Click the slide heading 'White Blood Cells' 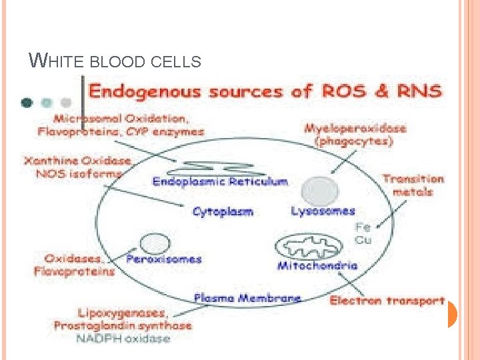pyautogui.click(x=115, y=62)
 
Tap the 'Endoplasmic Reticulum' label pyautogui.click(x=220, y=181)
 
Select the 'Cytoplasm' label pyautogui.click(x=223, y=212)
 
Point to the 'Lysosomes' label pyautogui.click(x=323, y=211)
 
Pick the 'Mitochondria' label pyautogui.click(x=317, y=265)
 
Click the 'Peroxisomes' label pyautogui.click(x=164, y=259)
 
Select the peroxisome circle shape pyautogui.click(x=154, y=243)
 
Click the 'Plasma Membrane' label pyautogui.click(x=247, y=298)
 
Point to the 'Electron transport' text pyautogui.click(x=387, y=301)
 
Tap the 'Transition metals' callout pyautogui.click(x=413, y=185)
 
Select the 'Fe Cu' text pyautogui.click(x=363, y=233)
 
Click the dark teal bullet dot pyautogui.click(x=27, y=103)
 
